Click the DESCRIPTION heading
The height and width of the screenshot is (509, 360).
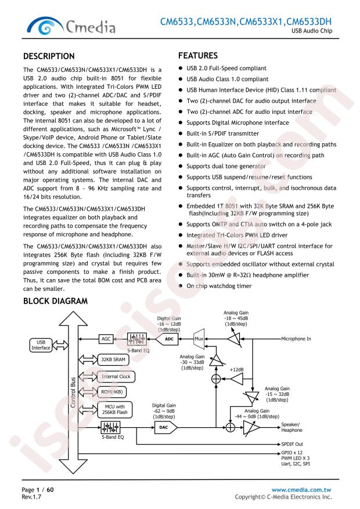[x=49, y=56]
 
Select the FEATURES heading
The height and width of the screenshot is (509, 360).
[x=197, y=56]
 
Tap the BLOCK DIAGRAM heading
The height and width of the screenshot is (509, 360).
[x=55, y=301]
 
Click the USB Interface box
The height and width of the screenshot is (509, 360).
[x=41, y=345]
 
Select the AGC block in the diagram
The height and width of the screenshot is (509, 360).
[x=106, y=339]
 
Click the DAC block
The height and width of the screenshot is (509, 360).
[x=165, y=427]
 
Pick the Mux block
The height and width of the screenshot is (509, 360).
[x=199, y=339]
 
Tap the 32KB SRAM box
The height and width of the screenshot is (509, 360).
[x=113, y=359]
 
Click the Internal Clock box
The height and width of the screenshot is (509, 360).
[x=116, y=377]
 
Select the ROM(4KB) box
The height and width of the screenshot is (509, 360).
[x=111, y=392]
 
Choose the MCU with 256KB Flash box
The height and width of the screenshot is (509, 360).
[x=114, y=409]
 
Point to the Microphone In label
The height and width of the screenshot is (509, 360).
[x=296, y=338]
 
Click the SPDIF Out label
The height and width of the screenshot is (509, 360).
[x=292, y=444]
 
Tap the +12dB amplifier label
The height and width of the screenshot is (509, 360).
[x=236, y=370]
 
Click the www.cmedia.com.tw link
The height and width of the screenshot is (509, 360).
[x=301, y=489]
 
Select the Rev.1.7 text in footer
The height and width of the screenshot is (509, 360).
[x=31, y=497]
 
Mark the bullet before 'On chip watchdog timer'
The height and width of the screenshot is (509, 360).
[x=181, y=286]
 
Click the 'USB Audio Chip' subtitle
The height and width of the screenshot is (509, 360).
[x=312, y=31]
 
